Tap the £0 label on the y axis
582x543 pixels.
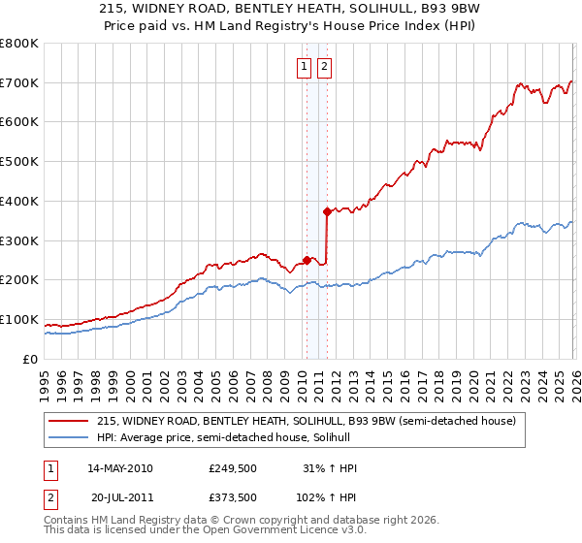coord(31,359)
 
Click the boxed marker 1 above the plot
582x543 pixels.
coord(304,67)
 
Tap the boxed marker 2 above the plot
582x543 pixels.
coord(324,67)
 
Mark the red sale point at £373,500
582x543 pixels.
coord(327,211)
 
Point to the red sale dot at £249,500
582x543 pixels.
coord(307,260)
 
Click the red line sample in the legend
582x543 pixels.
coord(70,421)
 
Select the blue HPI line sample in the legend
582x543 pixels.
coord(70,437)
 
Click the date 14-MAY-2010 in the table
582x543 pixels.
coord(120,468)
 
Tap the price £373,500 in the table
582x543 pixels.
coord(232,496)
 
